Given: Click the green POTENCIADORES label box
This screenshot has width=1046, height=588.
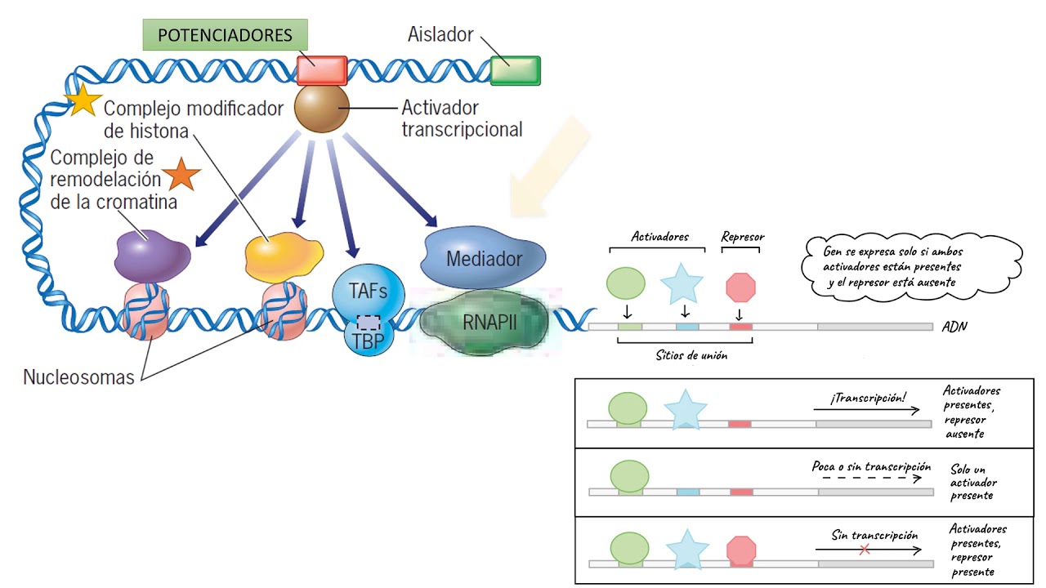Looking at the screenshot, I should pyautogui.click(x=225, y=35).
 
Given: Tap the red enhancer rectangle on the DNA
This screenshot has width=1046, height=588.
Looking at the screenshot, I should pyautogui.click(x=321, y=70).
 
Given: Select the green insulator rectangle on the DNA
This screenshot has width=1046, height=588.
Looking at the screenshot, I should pyautogui.click(x=515, y=70).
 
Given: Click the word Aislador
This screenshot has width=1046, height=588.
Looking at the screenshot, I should pyautogui.click(x=440, y=34).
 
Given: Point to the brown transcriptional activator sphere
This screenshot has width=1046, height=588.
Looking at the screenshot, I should pyautogui.click(x=321, y=109).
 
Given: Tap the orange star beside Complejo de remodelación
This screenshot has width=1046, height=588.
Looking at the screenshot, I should pyautogui.click(x=181, y=176).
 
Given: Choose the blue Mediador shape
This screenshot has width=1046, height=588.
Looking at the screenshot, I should pyautogui.click(x=484, y=258).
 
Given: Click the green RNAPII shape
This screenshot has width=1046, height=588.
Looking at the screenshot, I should pyautogui.click(x=485, y=322).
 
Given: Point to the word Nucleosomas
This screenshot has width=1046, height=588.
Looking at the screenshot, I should pyautogui.click(x=78, y=377).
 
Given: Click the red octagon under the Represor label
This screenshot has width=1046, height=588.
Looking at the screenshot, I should pyautogui.click(x=741, y=287).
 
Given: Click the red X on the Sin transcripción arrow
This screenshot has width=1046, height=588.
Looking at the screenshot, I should pyautogui.click(x=864, y=550).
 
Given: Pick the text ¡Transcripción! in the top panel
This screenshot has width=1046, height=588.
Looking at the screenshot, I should pyautogui.click(x=867, y=398).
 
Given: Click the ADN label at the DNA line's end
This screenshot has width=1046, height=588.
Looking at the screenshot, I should pyautogui.click(x=954, y=327).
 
